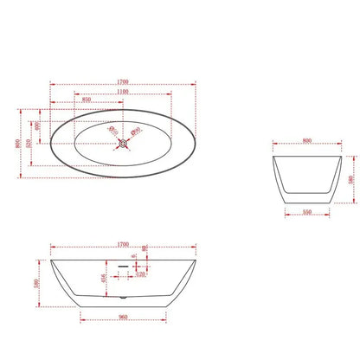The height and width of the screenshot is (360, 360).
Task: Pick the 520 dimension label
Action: pos(31,144)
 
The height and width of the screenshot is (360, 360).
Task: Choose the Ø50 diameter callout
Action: pos(136,132)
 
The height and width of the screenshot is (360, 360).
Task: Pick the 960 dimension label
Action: pos(124,317)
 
